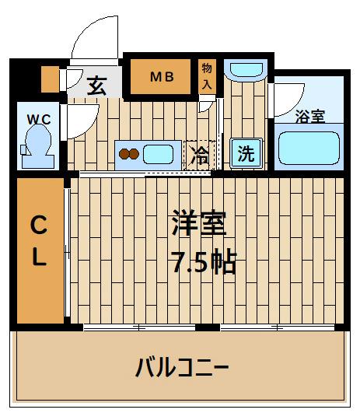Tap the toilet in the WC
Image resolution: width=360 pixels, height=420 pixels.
point(37,145)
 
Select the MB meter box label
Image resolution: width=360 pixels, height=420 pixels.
point(162,76)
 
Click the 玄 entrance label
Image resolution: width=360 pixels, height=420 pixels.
point(96,84)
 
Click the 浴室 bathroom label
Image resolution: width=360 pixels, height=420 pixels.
point(310,117)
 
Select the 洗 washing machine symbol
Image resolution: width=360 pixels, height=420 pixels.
point(246,153)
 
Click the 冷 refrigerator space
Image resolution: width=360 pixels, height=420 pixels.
point(199,154)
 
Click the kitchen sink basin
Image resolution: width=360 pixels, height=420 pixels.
point(161,153)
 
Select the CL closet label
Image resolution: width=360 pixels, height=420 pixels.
point(39,242)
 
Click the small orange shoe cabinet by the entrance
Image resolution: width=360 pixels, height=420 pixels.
point(49,80)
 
